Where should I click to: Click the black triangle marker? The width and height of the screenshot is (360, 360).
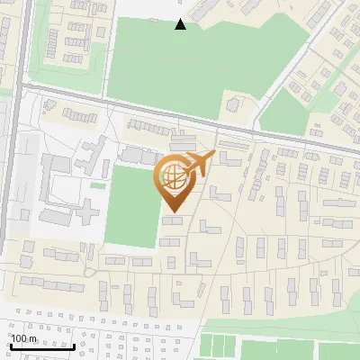(181, 24)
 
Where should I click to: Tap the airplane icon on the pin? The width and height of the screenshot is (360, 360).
(197, 163)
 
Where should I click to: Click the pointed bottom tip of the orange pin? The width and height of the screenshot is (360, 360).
(172, 211)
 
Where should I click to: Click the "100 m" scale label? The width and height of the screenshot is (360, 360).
(24, 338)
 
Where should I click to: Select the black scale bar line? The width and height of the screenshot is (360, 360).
(42, 346)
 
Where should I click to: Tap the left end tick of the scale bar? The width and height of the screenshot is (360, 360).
(11, 344)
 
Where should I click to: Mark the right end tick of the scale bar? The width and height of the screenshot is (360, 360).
(74, 344)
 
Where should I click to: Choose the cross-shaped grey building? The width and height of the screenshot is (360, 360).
(86, 212)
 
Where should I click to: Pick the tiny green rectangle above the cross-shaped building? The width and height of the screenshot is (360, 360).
(97, 186)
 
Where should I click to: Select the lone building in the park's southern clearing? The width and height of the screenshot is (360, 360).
(235, 105)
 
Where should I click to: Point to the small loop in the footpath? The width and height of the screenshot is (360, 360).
(89, 271)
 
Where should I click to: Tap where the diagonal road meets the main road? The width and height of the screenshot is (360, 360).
(262, 127)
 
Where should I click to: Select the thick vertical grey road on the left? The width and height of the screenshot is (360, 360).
(13, 162)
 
